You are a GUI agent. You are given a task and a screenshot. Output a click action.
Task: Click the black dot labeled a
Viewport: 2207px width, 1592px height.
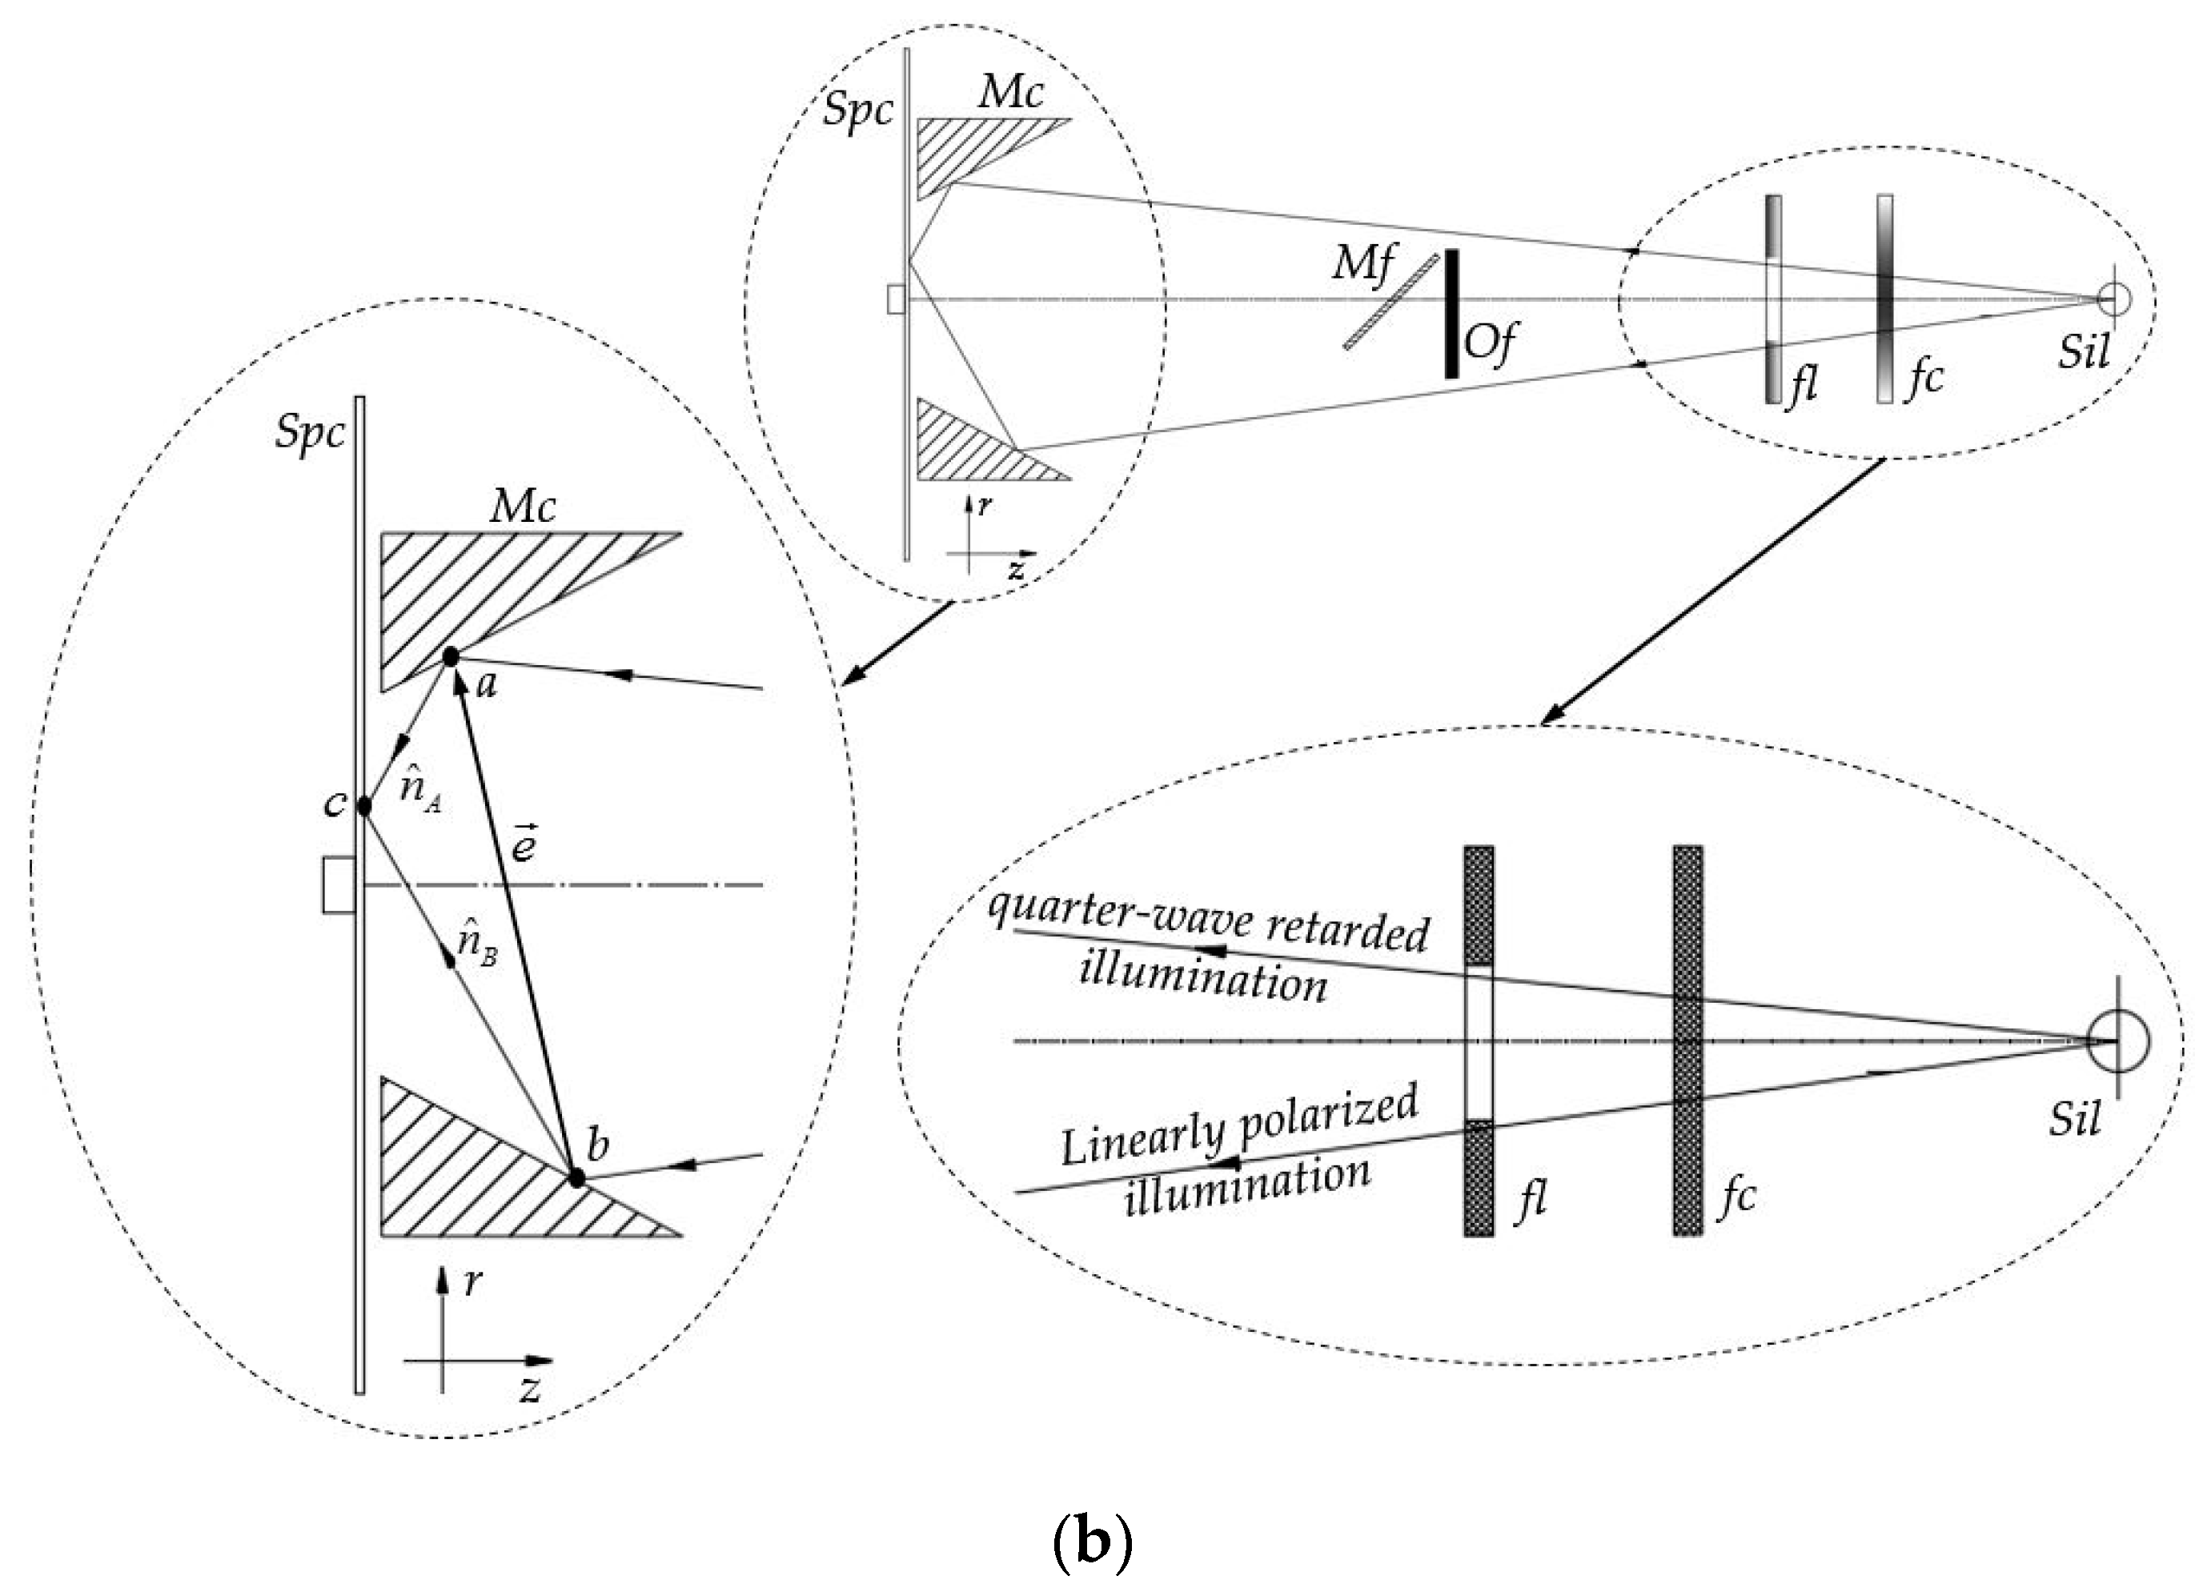pos(451,658)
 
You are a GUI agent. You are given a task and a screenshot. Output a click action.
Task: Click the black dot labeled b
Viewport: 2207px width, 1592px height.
pos(576,1177)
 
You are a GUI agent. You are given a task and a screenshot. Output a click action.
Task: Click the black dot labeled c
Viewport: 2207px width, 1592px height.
pos(365,806)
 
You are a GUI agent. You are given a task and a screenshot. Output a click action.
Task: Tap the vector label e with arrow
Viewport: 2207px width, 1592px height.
pos(524,843)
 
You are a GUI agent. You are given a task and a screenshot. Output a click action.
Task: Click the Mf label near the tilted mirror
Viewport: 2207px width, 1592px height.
pos(1363,263)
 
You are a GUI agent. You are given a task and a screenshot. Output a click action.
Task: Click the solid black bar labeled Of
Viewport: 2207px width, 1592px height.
pos(1451,313)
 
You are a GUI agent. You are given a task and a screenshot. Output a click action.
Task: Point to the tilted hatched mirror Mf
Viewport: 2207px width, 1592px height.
pos(1391,302)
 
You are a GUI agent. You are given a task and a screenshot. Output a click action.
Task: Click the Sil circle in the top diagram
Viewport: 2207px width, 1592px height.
pos(2113,298)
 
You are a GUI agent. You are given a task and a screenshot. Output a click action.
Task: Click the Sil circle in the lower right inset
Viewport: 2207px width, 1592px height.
pos(2117,1041)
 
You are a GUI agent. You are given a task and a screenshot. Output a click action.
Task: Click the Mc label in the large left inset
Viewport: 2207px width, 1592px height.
pos(524,507)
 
